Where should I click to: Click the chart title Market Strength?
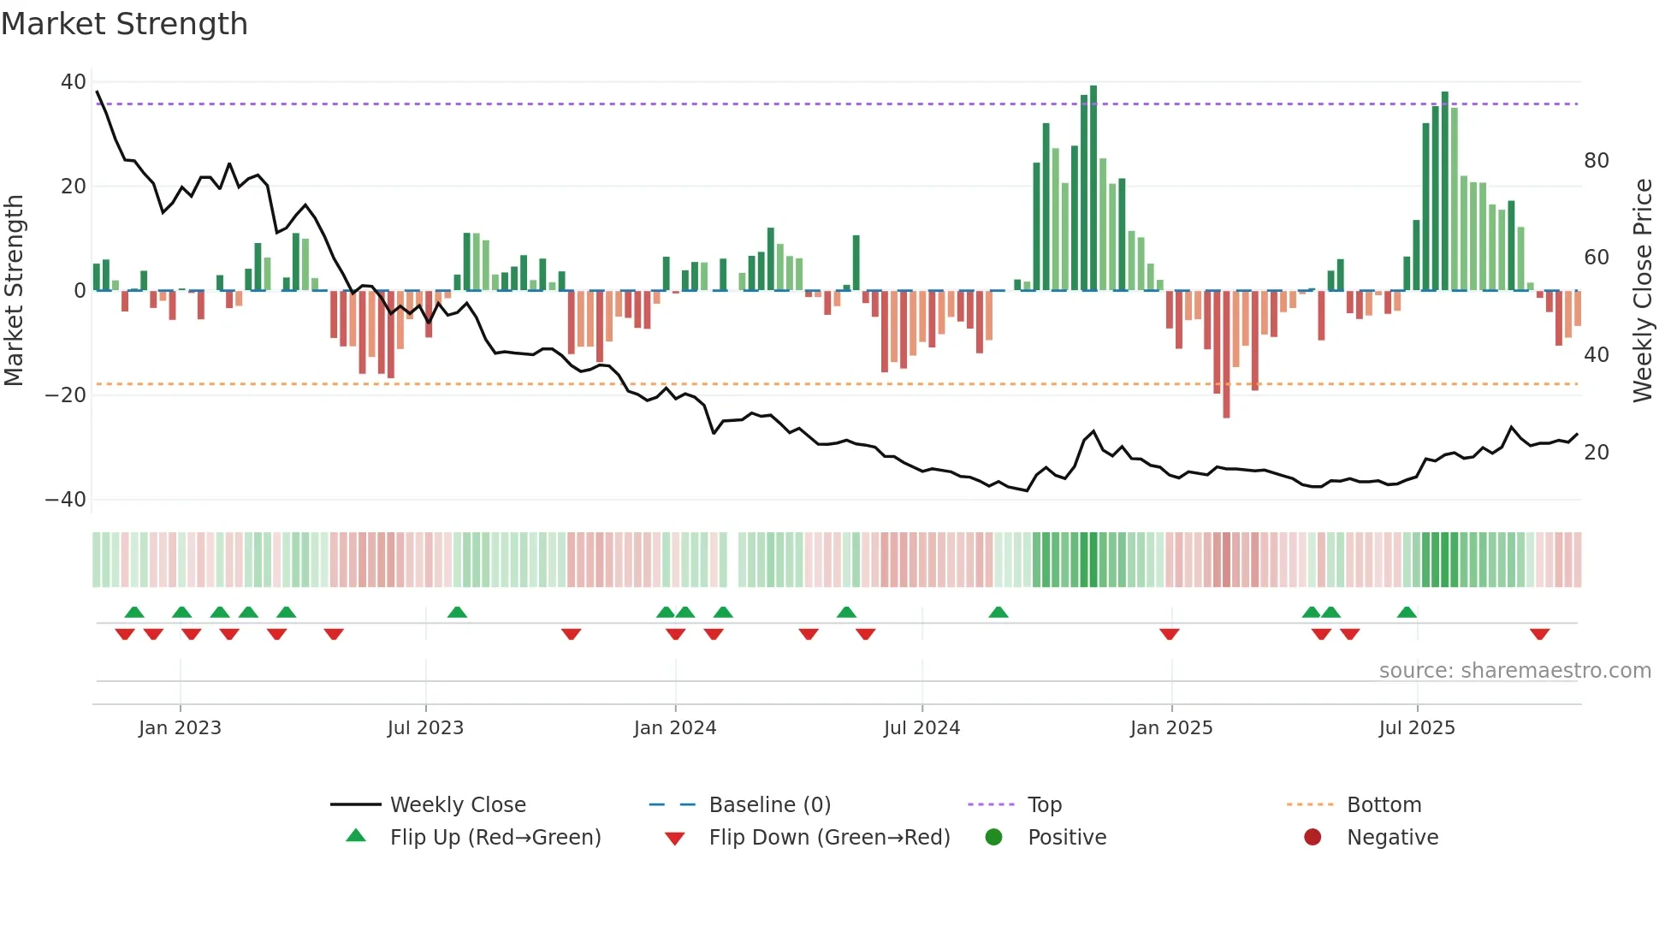(124, 24)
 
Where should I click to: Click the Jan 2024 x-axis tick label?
(674, 728)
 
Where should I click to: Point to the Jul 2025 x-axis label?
(1416, 728)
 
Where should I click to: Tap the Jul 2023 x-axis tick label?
(425, 728)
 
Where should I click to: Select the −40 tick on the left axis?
(66, 500)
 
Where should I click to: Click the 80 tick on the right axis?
(1596, 161)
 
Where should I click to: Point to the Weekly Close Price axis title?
(1642, 291)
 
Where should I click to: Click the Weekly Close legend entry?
(457, 805)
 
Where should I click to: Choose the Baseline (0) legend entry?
(769, 805)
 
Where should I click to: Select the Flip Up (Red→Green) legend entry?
(495, 838)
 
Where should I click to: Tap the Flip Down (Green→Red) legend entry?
(828, 838)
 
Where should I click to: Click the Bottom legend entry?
(1383, 805)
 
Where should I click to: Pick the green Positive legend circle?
(993, 838)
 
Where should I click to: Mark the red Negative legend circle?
(1313, 838)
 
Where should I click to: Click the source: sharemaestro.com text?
(1514, 671)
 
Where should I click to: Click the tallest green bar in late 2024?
(1093, 188)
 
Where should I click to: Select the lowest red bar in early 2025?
(1226, 354)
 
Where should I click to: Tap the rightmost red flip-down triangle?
(1539, 634)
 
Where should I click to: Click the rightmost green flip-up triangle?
(1407, 612)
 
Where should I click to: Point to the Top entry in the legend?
(1044, 805)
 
